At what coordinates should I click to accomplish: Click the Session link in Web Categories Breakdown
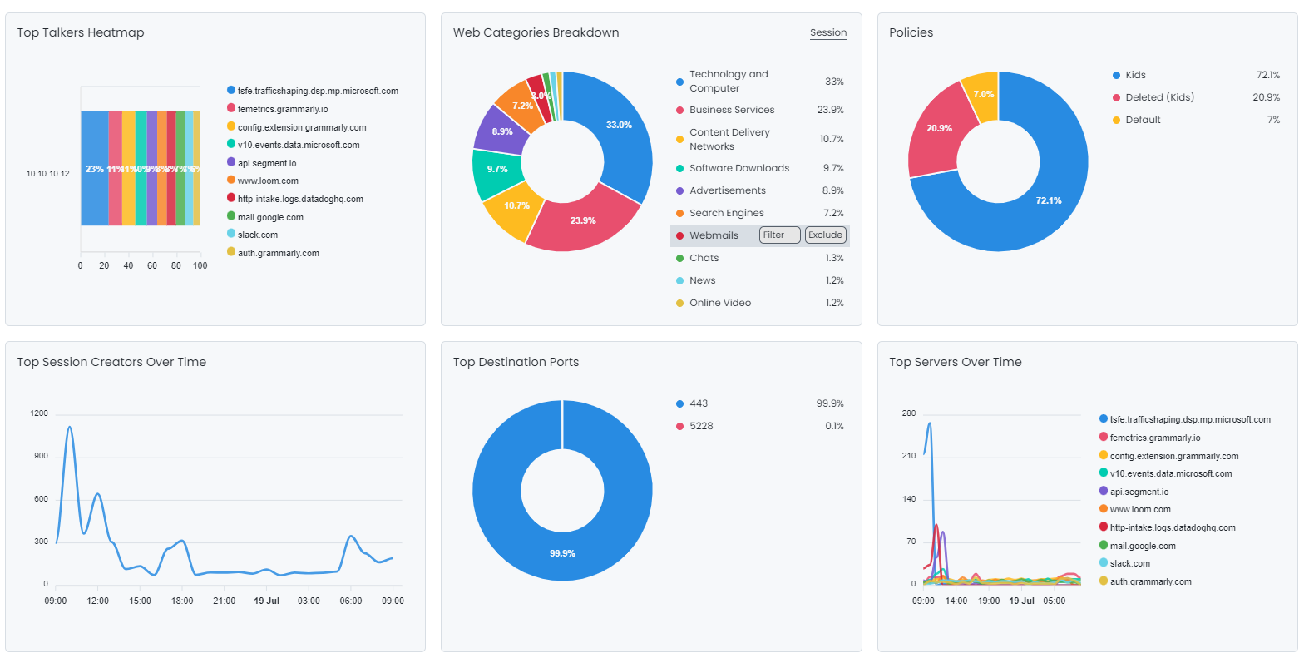coord(827,33)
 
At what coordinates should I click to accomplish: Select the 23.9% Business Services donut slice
coord(582,220)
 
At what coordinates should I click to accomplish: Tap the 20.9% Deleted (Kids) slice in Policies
coord(938,129)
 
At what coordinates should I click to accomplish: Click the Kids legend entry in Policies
coord(1135,75)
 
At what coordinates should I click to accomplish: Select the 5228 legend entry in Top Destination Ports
coord(700,426)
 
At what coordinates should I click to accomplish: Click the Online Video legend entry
coord(719,303)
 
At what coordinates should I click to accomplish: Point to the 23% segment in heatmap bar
coord(94,169)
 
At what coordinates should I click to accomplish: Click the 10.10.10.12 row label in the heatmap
coord(48,174)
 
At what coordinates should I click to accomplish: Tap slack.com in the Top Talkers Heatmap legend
coord(257,235)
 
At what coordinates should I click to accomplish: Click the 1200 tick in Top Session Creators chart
coord(39,413)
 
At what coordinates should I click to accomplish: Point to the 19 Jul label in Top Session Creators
coord(266,601)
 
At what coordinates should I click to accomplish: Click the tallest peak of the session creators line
coord(70,428)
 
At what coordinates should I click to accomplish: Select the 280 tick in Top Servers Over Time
coord(908,413)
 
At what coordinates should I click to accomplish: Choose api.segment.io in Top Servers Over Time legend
coord(1139,492)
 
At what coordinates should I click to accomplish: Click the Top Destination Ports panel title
coord(516,362)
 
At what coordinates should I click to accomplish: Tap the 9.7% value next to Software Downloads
coord(833,168)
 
